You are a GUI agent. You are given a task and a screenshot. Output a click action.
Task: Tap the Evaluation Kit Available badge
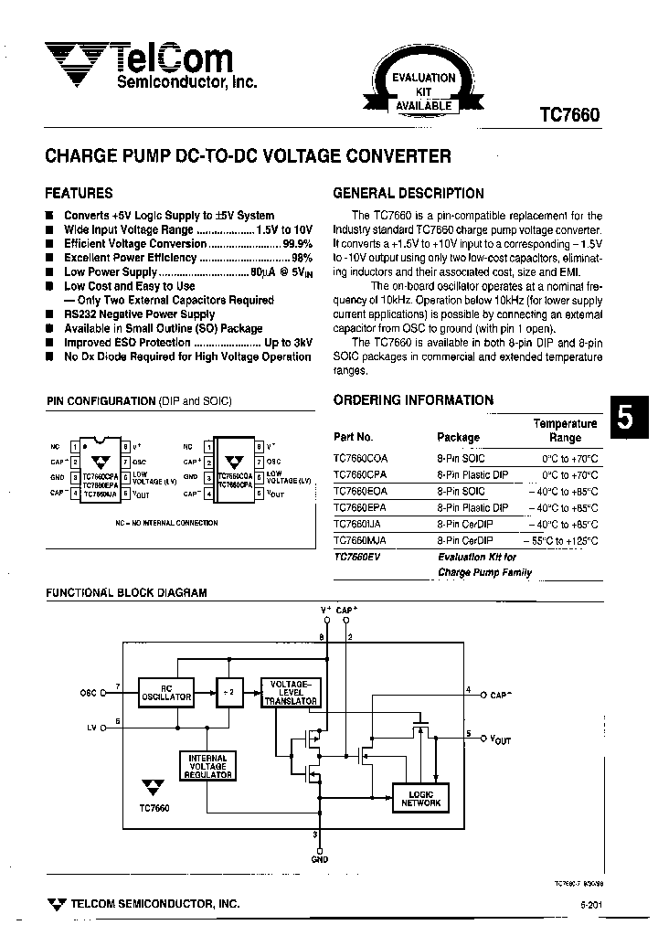(423, 91)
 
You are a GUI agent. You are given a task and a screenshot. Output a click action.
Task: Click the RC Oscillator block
(165, 692)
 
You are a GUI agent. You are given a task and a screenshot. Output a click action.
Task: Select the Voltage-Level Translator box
(291, 692)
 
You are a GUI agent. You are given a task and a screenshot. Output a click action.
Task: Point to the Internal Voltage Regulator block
(207, 766)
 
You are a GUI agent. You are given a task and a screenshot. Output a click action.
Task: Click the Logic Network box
(420, 798)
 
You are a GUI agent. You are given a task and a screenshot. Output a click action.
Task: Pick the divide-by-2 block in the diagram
(227, 692)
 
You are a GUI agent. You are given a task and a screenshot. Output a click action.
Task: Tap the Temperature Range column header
(565, 431)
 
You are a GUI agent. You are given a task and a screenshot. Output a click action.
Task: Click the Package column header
(458, 437)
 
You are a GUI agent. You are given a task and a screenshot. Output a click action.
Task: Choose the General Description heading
(408, 194)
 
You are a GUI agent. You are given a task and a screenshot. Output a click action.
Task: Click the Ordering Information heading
(412, 400)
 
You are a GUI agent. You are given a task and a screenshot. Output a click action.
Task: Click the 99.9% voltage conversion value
(297, 244)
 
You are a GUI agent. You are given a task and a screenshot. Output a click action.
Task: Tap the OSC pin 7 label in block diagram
(89, 694)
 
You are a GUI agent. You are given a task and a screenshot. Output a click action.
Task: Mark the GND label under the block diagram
(318, 859)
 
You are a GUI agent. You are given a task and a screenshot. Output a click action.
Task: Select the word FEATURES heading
(79, 194)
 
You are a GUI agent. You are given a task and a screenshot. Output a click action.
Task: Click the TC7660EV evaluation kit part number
(356, 557)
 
